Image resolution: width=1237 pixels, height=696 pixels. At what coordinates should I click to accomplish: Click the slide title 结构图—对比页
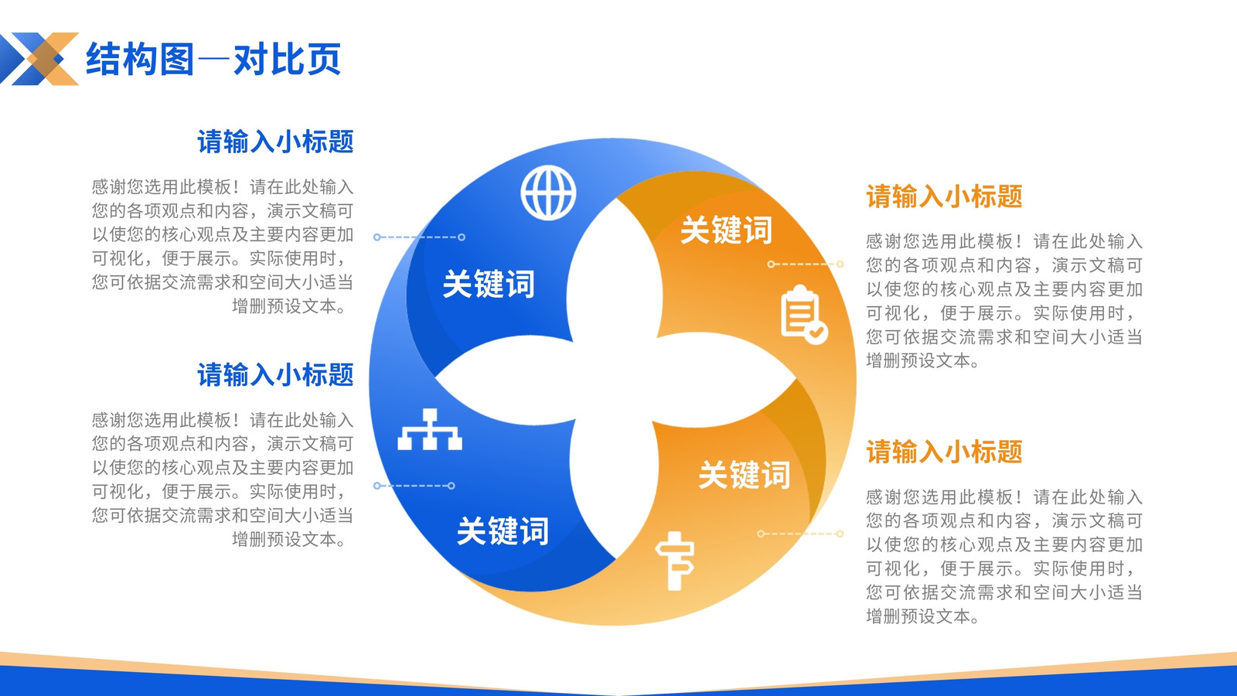pyautogui.click(x=213, y=59)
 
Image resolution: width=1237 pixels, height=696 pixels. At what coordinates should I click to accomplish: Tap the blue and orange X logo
pyautogui.click(x=39, y=59)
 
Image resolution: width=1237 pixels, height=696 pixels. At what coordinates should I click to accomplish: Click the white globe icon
pyautogui.click(x=548, y=193)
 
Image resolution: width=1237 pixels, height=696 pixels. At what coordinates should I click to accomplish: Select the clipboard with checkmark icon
pyautogui.click(x=804, y=314)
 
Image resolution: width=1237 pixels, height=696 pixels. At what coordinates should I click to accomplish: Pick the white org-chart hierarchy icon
pyautogui.click(x=430, y=429)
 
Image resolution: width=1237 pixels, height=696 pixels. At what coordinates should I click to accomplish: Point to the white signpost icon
pyautogui.click(x=675, y=561)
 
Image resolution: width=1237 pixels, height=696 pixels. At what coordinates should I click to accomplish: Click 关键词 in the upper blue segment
pyautogui.click(x=489, y=284)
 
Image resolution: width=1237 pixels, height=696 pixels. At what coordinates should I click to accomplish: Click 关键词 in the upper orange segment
pyautogui.click(x=726, y=230)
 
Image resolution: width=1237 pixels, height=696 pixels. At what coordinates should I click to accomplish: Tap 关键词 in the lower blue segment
pyautogui.click(x=503, y=531)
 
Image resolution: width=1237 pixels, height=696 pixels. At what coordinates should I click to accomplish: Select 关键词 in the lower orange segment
pyautogui.click(x=745, y=475)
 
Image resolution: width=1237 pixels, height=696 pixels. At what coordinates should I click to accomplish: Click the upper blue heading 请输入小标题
pyautogui.click(x=275, y=142)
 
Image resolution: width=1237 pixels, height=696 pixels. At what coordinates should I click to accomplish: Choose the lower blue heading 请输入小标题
pyautogui.click(x=275, y=374)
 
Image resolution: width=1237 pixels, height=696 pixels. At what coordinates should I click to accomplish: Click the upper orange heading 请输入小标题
pyautogui.click(x=944, y=196)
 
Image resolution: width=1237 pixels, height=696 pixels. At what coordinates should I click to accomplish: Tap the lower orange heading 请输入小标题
pyautogui.click(x=944, y=452)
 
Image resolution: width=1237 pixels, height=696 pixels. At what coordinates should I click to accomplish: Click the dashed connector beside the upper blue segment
pyautogui.click(x=419, y=237)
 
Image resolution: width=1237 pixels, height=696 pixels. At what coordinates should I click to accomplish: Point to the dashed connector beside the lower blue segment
pyautogui.click(x=414, y=486)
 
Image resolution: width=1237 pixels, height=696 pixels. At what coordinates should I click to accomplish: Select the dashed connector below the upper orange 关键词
pyautogui.click(x=805, y=264)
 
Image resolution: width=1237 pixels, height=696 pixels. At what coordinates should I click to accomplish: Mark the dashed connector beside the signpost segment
pyautogui.click(x=800, y=534)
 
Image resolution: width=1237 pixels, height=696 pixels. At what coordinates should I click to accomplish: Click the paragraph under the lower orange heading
pyautogui.click(x=1004, y=556)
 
